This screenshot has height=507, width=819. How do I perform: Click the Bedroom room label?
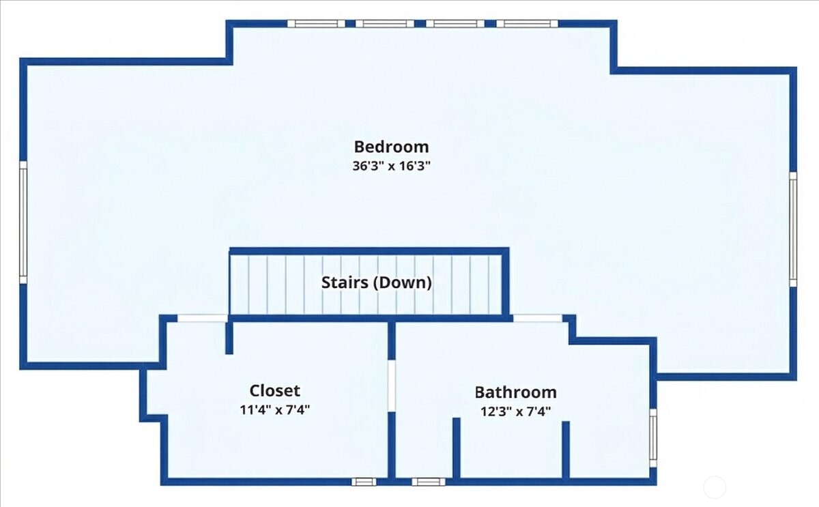tap(391, 147)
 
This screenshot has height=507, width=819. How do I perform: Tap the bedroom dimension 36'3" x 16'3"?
tap(391, 166)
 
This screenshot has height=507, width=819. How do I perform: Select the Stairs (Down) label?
tap(377, 283)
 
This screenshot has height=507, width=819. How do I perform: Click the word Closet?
tap(274, 390)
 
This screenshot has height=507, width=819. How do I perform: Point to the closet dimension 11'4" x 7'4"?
tap(274, 410)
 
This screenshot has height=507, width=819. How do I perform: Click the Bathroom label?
tap(515, 392)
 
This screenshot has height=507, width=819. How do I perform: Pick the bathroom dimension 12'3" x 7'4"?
tap(515, 411)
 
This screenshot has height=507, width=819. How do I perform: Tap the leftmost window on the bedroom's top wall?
tap(316, 24)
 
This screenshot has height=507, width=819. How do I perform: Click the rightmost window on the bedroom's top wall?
tap(527, 24)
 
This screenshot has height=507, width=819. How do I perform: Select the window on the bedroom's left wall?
tap(23, 222)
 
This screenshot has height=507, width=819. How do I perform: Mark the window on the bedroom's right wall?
tap(792, 229)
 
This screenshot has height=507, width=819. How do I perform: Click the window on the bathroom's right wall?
tap(653, 438)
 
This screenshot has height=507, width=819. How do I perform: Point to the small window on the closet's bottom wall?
tap(364, 482)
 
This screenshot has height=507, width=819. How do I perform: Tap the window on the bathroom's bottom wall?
tap(429, 482)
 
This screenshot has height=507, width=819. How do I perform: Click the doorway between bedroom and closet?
tap(203, 319)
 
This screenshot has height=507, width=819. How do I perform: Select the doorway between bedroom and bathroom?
tap(538, 319)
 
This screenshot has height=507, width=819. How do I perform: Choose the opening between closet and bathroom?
tap(392, 386)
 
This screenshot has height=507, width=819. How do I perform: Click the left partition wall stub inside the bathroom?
tap(457, 448)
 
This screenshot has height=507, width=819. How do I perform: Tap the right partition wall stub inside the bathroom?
tap(566, 450)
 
